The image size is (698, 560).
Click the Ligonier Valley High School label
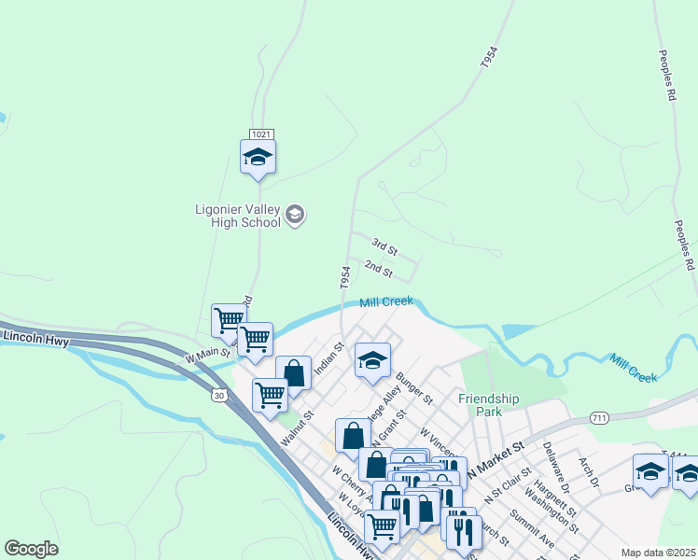pos(237,217)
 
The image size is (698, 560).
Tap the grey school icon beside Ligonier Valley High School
pos(295,217)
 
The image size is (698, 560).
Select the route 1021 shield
pos(260,135)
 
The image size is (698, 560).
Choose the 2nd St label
pos(378,270)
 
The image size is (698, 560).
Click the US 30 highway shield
pos(218,396)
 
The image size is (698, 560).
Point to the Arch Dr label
pos(587,471)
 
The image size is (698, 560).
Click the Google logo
pos(31,549)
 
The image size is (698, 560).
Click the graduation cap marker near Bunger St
pos(372,363)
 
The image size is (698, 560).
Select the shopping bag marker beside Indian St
pos(293,373)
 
